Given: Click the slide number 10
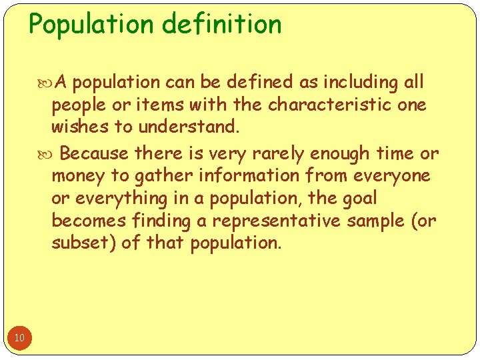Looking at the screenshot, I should (x=19, y=338).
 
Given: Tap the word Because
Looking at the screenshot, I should (x=94, y=153).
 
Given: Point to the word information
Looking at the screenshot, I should (x=240, y=176).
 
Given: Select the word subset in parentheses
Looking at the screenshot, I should (x=86, y=243).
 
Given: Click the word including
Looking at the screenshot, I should (x=361, y=82).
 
